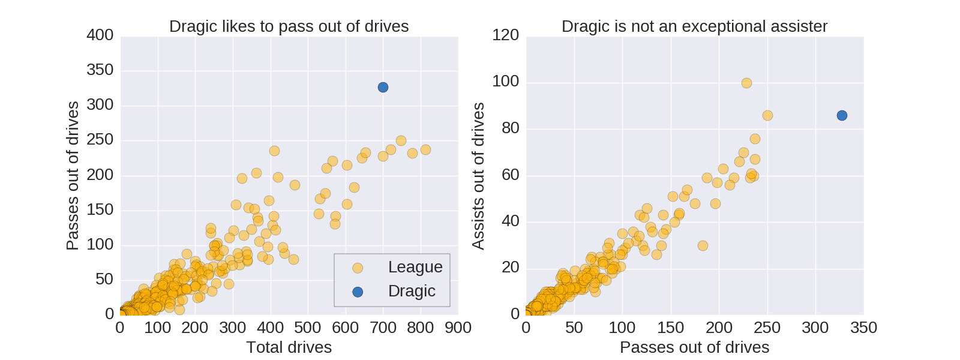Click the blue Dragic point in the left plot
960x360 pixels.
coord(383,88)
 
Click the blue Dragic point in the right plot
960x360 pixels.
coord(842,115)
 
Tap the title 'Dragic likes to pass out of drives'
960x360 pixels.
coord(289,26)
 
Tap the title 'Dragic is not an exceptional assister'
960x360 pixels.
coord(694,26)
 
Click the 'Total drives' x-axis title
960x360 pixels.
coord(289,347)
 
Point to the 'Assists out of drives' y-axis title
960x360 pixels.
coord(478,176)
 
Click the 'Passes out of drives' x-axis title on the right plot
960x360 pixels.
coord(694,347)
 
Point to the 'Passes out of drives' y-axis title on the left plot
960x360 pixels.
coord(73,176)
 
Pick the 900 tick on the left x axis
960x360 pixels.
coord(458,328)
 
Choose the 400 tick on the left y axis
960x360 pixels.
coord(100,35)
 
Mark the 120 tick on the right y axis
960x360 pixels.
coord(505,35)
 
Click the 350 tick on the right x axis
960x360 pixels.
coord(863,328)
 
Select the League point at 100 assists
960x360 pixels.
coord(746,83)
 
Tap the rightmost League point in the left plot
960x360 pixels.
coord(425,149)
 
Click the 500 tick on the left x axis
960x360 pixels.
coord(308,328)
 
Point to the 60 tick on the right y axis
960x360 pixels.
coord(511,175)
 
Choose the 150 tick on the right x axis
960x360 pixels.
coord(670,328)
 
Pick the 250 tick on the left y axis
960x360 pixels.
coord(100,140)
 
